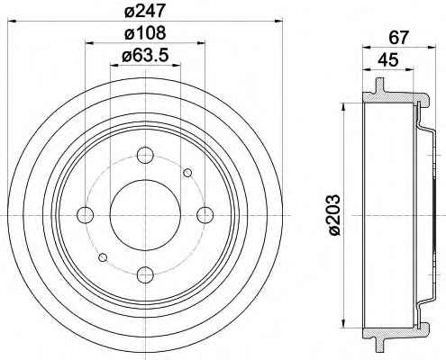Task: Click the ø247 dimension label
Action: click(145, 11)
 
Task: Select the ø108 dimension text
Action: click(145, 32)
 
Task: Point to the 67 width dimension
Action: click(399, 38)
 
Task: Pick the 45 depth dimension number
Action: click(388, 60)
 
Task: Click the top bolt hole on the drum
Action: click(145, 155)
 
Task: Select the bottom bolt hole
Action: click(145, 274)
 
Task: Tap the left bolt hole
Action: click(86, 215)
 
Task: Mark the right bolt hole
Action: click(205, 215)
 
